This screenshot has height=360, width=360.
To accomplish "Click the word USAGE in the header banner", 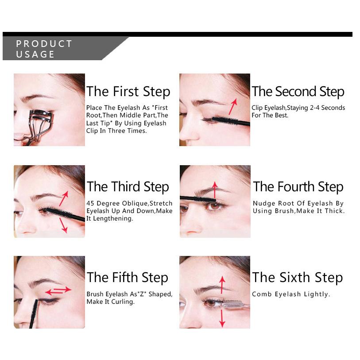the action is click(35, 54).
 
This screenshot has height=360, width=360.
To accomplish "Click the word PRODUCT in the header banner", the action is click(44, 44).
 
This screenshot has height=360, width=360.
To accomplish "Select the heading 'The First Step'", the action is click(128, 92).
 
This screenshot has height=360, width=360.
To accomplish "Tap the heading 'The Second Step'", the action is click(298, 92).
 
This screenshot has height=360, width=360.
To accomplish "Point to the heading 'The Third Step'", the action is click(128, 187).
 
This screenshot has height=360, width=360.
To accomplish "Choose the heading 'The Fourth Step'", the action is click(298, 187).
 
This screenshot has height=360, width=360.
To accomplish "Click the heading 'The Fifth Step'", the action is click(128, 278).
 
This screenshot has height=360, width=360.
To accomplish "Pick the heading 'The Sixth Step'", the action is click(297, 278).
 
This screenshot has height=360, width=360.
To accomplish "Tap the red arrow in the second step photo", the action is click(233, 107).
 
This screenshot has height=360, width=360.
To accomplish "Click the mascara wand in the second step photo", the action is click(231, 121).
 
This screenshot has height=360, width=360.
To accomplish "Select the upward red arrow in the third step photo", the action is click(64, 198).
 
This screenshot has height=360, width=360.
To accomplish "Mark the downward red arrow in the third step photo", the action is click(63, 225).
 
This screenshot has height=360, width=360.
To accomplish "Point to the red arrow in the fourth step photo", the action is click(215, 190).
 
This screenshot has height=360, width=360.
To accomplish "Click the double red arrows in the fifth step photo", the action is click(58, 290).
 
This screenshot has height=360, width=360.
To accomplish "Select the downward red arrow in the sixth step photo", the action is click(222, 318).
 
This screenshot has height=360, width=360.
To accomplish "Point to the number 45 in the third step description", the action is click(90, 203).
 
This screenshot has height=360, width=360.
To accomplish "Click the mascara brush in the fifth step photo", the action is click(34, 313).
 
